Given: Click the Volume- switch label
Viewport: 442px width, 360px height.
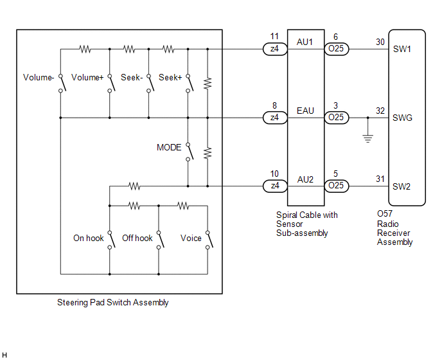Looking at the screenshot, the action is coord(39,77).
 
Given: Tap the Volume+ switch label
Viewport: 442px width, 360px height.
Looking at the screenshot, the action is coord(87,77).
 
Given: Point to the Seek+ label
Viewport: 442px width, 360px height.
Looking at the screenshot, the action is coord(170,77).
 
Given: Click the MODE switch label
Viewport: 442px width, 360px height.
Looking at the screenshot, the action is coord(169,147).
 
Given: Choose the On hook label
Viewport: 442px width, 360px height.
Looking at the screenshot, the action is coord(89,238).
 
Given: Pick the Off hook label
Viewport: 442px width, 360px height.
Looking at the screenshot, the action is coord(137,238).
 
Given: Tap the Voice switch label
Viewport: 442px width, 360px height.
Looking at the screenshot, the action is coord(191,238).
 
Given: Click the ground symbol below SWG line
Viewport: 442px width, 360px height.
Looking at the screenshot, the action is coord(368,138).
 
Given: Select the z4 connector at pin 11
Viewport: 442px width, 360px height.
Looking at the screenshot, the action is coord(275,49).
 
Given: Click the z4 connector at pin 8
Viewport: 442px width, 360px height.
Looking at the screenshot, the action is coord(275,118).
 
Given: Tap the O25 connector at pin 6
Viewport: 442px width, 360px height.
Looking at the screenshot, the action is coord(336,49).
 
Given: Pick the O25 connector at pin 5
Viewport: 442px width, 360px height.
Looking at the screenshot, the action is coord(336,186).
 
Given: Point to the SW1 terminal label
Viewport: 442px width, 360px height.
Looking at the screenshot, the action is coord(402,49).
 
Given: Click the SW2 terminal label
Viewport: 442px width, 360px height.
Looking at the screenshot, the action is coord(402,186).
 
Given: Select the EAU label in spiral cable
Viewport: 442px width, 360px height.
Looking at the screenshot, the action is coord(305,111).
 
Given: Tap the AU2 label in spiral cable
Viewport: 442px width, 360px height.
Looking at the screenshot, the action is coord(305,179).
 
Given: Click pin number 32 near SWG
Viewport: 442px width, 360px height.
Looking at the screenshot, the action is coord(380,111).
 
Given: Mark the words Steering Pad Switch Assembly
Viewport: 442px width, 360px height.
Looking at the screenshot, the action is coord(113,302).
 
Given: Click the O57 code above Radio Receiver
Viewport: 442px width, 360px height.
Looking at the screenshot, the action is coord(384,213).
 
